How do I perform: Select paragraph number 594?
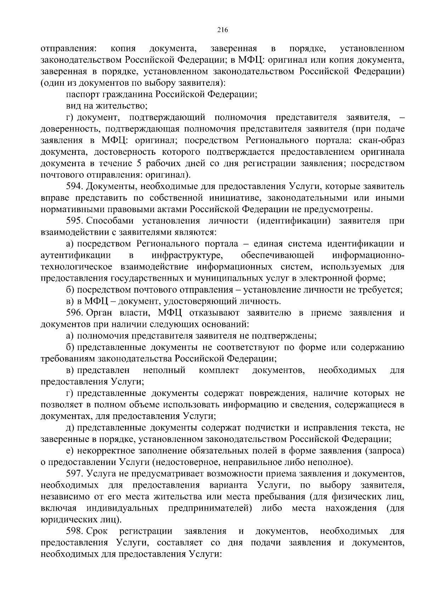(x=74, y=186)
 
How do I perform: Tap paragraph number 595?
(x=74, y=221)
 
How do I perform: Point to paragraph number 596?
(x=74, y=313)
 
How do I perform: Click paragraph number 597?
(x=74, y=474)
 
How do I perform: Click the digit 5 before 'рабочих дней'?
(x=139, y=163)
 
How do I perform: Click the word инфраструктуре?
(x=187, y=255)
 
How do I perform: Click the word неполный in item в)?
(x=164, y=370)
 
